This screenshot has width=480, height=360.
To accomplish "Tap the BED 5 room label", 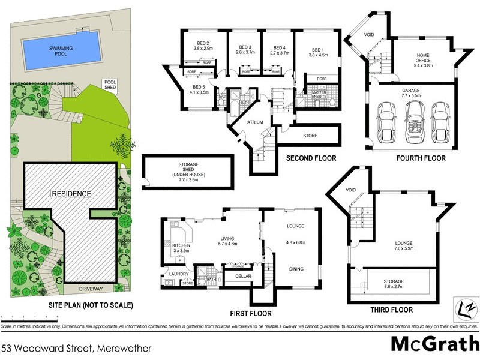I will click(x=199, y=89).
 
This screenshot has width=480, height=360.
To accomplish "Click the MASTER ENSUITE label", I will click(x=319, y=92).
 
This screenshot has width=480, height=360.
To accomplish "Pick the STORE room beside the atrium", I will click(x=310, y=136).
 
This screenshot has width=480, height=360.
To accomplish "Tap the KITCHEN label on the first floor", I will click(x=181, y=246).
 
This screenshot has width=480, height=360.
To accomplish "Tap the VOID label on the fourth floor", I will click(x=370, y=35).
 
